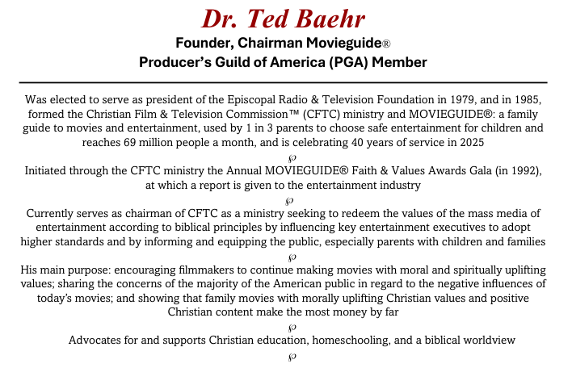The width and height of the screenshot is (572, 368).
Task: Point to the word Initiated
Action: [52, 171]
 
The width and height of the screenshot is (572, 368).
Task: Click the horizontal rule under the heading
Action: [283, 82]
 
